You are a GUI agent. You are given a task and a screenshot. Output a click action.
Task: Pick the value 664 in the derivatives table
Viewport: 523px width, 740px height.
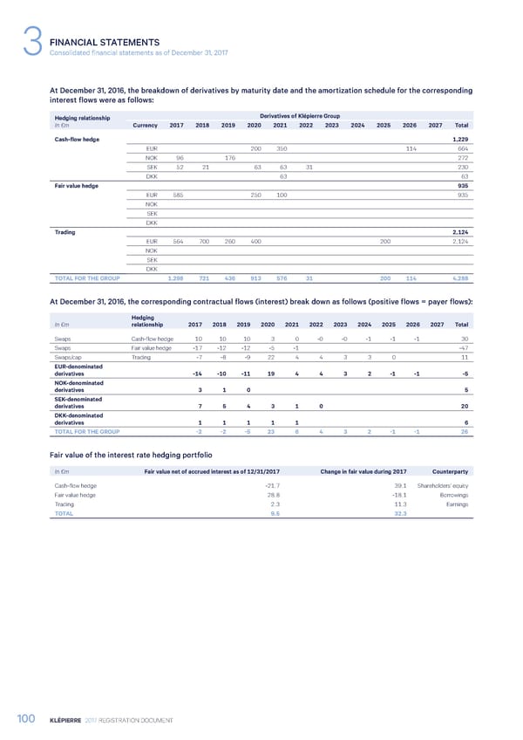click(463, 148)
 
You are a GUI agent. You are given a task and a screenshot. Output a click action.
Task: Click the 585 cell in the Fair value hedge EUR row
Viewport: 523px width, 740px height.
click(178, 195)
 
